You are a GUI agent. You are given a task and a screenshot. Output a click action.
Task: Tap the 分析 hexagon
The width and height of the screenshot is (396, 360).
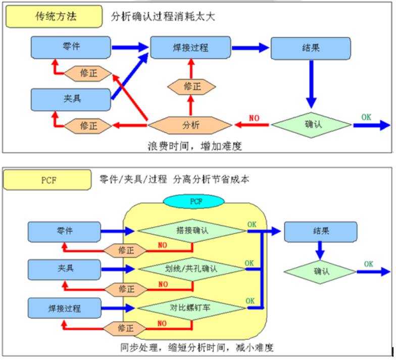[x=190, y=124]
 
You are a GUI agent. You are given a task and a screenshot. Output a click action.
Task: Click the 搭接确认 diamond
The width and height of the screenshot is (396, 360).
[x=191, y=231]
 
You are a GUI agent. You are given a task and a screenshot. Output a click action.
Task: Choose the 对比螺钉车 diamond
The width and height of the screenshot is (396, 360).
[x=191, y=306]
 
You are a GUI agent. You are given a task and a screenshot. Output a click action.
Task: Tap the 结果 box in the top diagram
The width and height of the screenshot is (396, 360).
[x=311, y=48]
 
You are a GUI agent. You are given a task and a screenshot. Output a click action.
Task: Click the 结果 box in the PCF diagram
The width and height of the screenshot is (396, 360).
[x=320, y=231]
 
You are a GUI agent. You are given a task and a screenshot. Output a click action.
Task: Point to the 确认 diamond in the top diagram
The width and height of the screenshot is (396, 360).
[x=311, y=124]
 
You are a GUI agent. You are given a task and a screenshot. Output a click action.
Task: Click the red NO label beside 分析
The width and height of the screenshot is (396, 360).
[x=254, y=118]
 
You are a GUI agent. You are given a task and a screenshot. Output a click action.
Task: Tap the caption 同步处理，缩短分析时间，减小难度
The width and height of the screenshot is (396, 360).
[x=197, y=347]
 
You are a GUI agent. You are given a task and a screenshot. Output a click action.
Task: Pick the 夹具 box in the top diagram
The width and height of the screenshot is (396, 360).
[x=70, y=99]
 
